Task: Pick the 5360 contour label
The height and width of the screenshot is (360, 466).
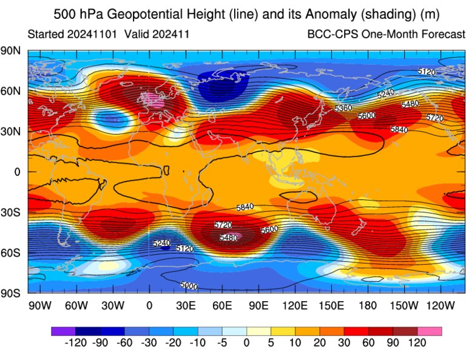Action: pos(343,108)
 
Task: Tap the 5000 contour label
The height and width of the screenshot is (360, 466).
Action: pos(189,285)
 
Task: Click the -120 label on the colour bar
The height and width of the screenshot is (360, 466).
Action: pos(75,344)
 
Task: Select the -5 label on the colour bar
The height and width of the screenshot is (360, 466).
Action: pos(222,344)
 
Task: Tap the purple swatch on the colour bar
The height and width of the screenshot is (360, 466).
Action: pos(63,331)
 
